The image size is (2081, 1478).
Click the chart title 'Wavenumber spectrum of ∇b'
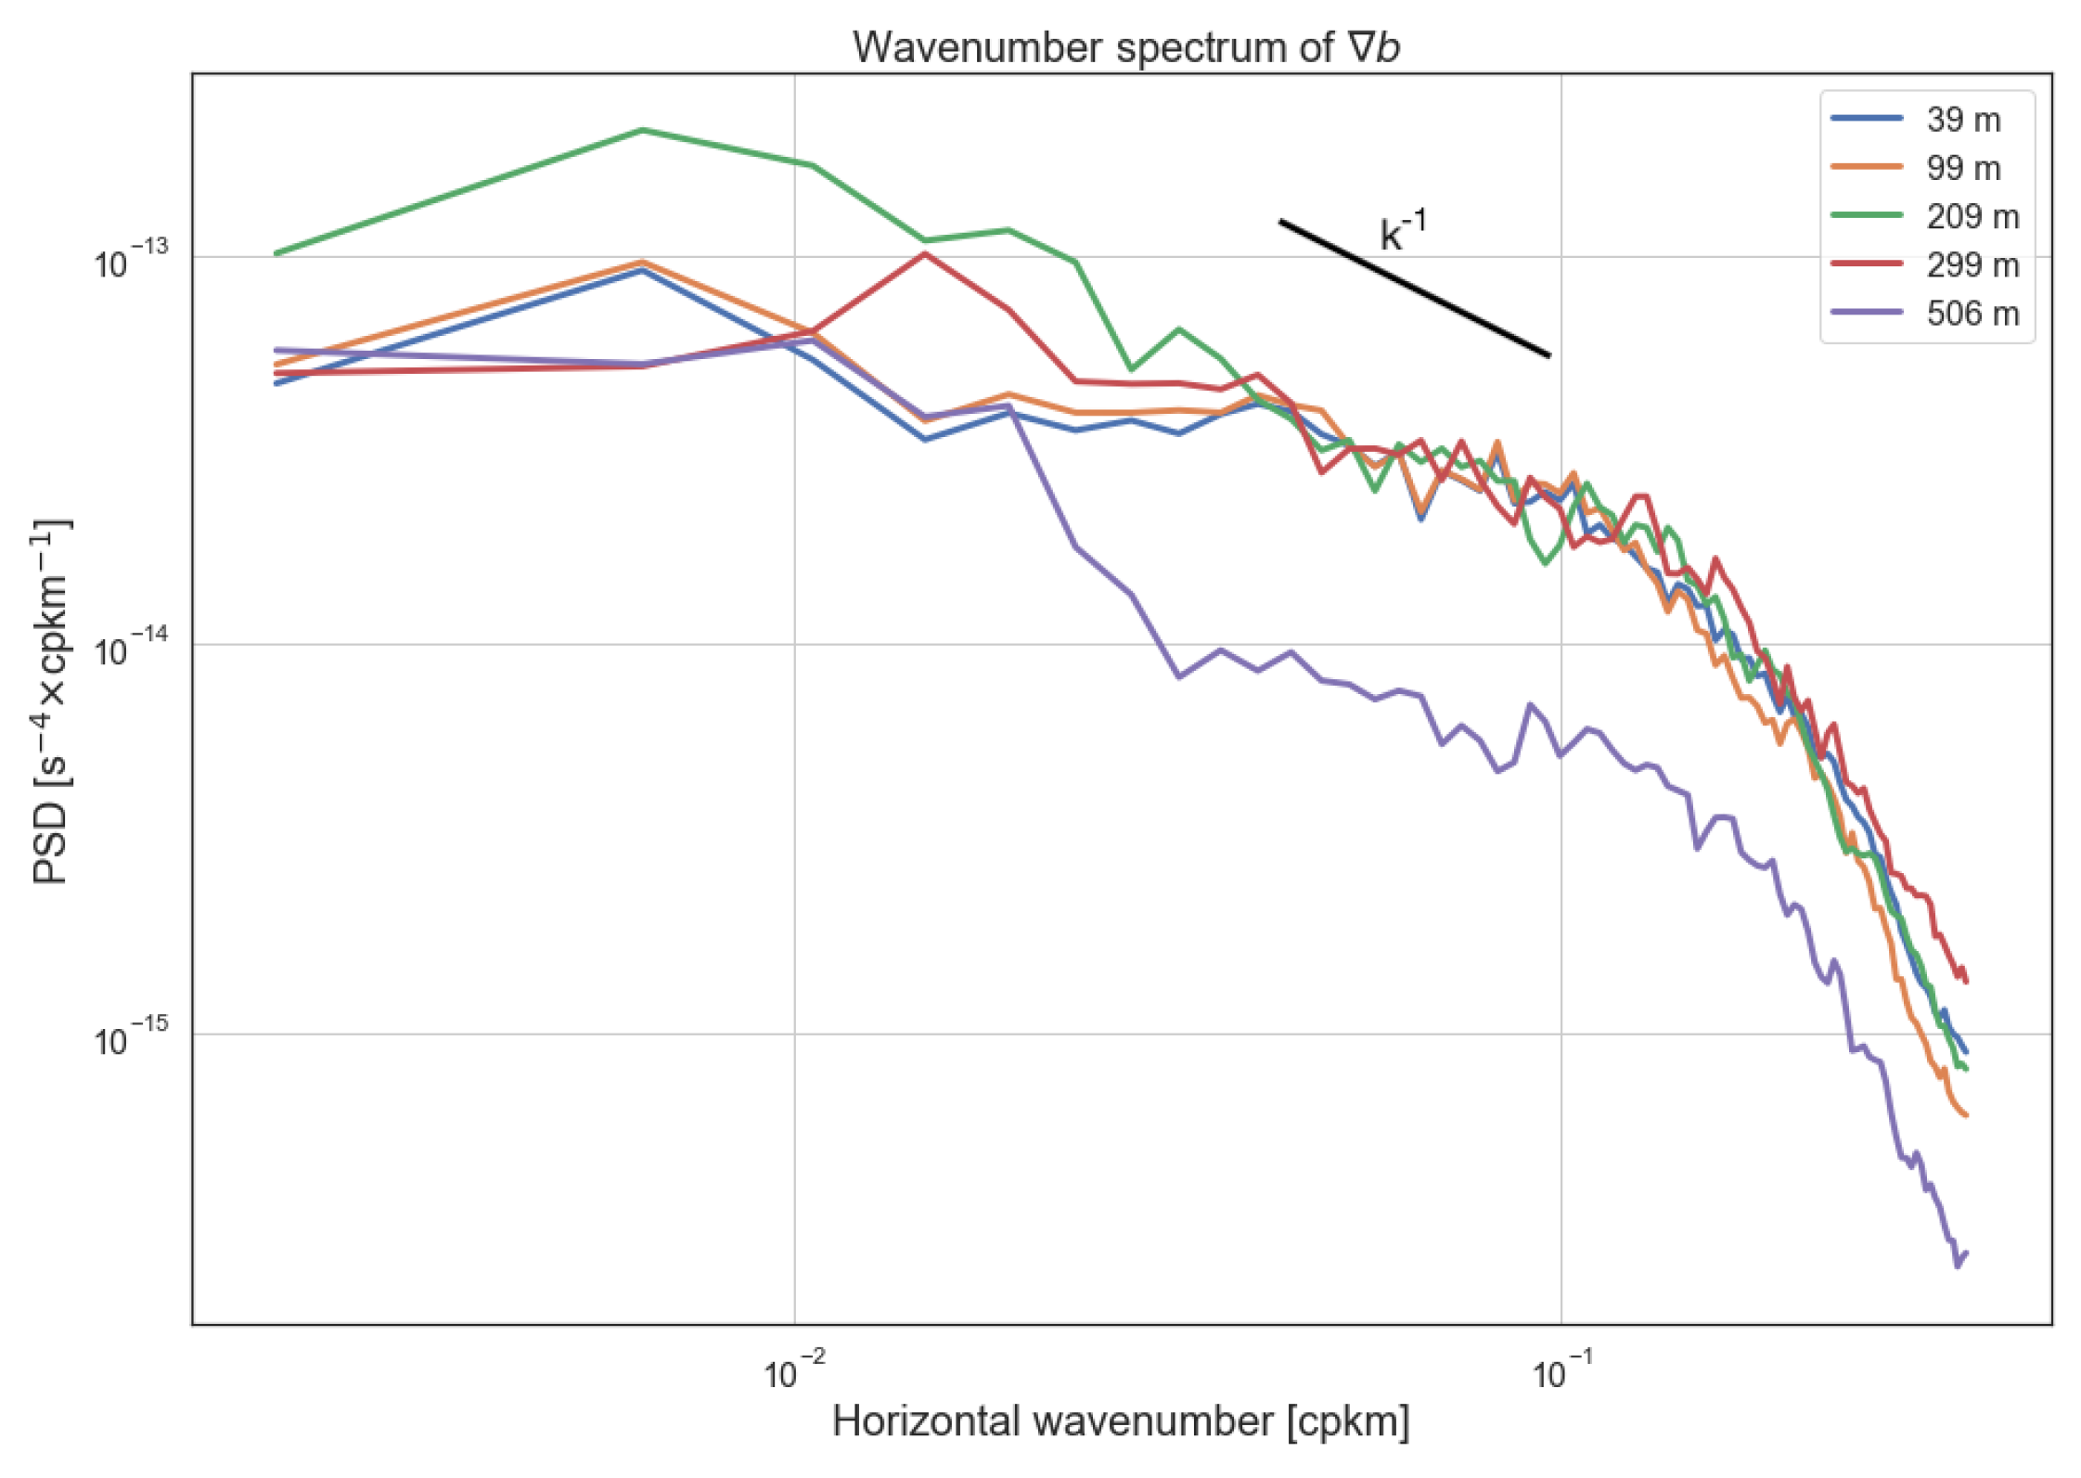click(1125, 47)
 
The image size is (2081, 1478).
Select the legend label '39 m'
click(1963, 120)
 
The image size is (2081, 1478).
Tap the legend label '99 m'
click(1963, 168)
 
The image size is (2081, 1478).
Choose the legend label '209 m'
click(1972, 216)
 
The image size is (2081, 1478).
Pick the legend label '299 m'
click(1972, 265)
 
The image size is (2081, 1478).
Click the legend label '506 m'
click(1972, 314)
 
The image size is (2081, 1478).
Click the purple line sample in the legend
click(1867, 313)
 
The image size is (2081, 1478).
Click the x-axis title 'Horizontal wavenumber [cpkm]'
click(1121, 1421)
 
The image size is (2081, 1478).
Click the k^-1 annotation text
click(1403, 231)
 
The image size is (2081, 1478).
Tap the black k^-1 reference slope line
click(1414, 288)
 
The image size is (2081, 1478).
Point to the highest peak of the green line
click(643, 130)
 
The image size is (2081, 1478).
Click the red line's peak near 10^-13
click(924, 253)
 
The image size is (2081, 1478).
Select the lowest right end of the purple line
click(1958, 1266)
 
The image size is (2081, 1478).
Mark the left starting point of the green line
click(277, 252)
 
